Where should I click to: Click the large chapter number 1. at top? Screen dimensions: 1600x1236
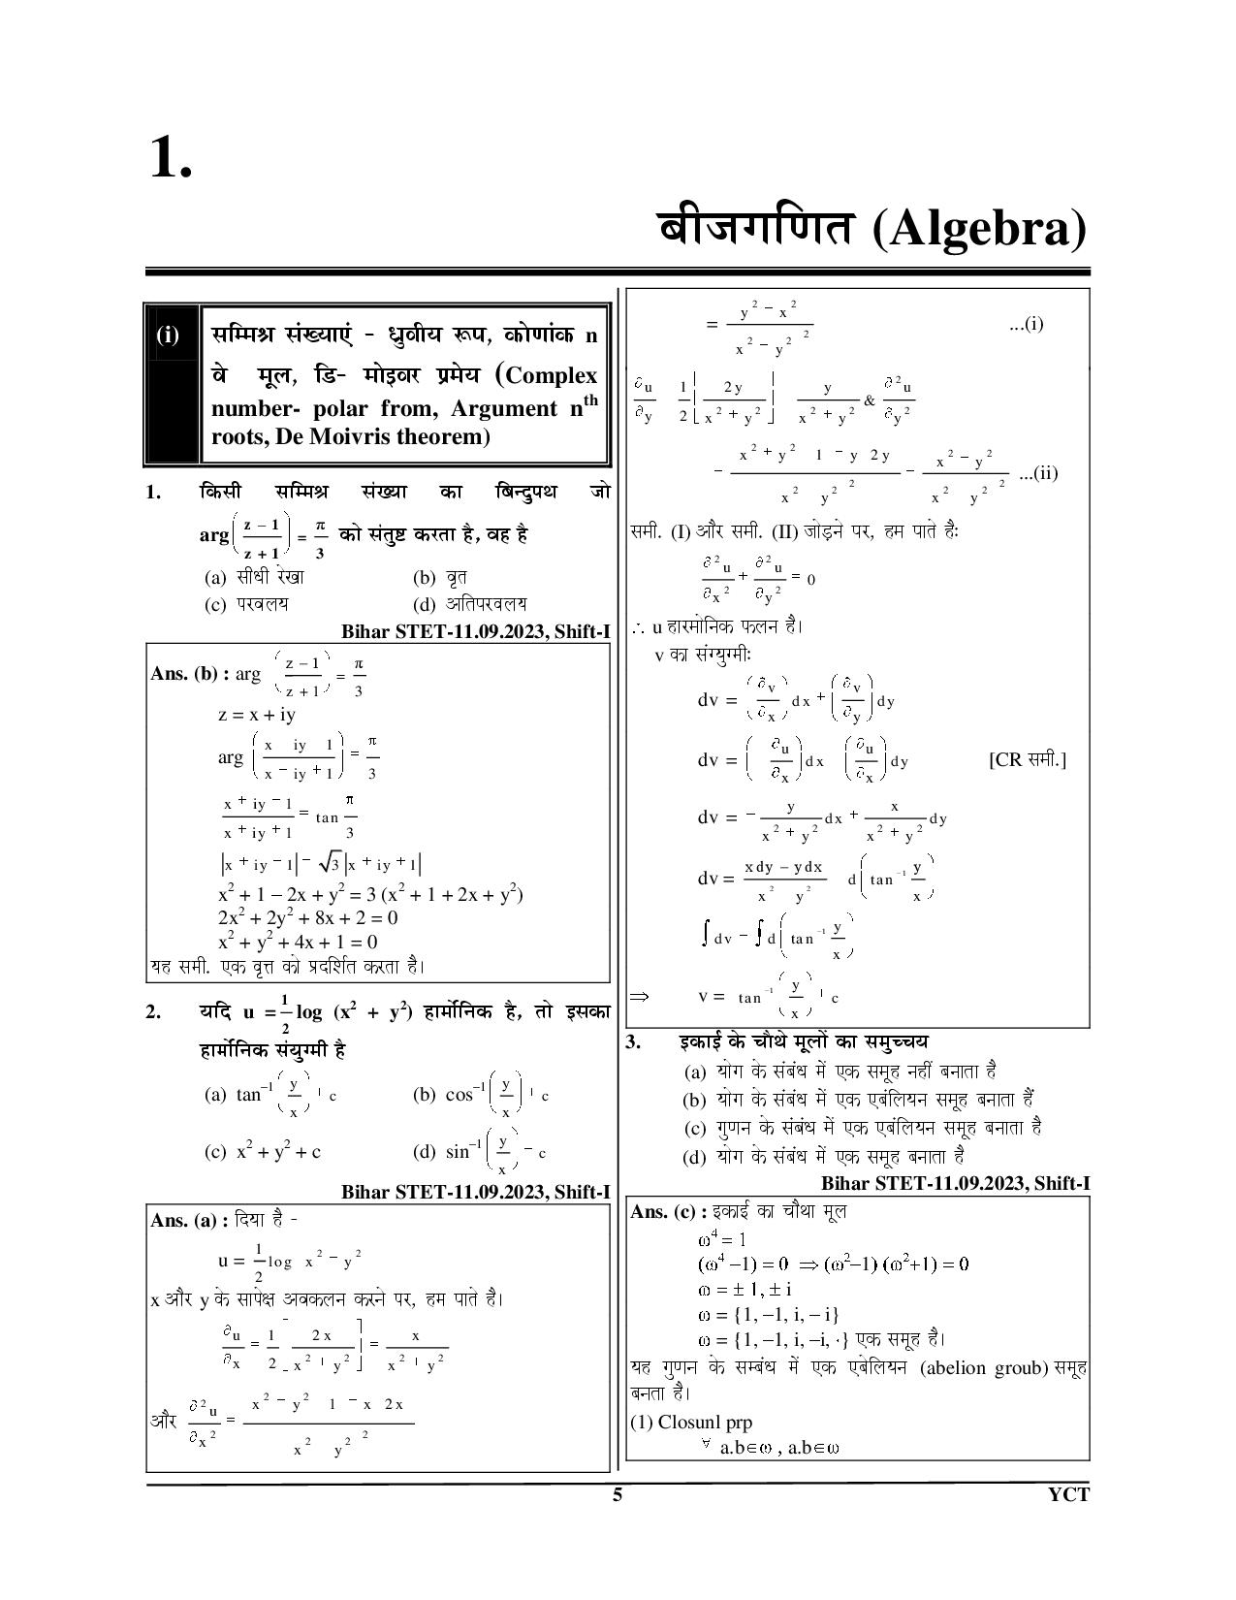pyautogui.click(x=171, y=157)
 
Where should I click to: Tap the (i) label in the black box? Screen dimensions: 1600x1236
pyautogui.click(x=169, y=336)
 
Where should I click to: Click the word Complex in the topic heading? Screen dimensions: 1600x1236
pyautogui.click(x=552, y=375)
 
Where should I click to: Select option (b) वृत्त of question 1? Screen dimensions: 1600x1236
pyautogui.click(x=441, y=578)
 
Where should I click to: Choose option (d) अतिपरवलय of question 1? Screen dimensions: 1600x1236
pyautogui.click(x=471, y=604)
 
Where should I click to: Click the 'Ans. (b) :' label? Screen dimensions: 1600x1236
pyautogui.click(x=190, y=673)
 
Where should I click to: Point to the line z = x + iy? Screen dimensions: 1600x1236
pyautogui.click(x=257, y=715)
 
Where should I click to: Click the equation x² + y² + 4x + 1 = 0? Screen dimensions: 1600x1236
pyautogui.click(x=298, y=942)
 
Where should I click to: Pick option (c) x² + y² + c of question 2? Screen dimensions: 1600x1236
pyautogui.click(x=263, y=1152)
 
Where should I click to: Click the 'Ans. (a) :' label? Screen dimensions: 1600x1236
pyautogui.click(x=190, y=1220)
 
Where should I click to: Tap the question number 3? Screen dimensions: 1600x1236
pyautogui.click(x=634, y=1042)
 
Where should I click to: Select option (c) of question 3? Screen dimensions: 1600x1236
pyautogui.click(x=862, y=1128)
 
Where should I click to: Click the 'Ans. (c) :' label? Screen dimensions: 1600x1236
pyautogui.click(x=669, y=1211)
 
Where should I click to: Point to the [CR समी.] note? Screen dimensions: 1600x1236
pyautogui.click(x=1028, y=759)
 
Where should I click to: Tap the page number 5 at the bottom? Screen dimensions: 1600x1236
pyautogui.click(x=618, y=1494)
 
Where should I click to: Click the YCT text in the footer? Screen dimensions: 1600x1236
pyautogui.click(x=1068, y=1494)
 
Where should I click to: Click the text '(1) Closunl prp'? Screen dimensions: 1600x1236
pyautogui.click(x=691, y=1423)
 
